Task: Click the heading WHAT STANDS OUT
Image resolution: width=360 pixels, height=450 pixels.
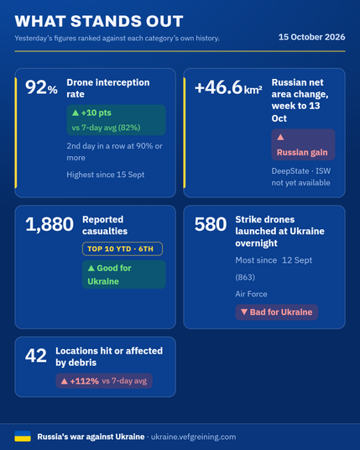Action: pos(99,21)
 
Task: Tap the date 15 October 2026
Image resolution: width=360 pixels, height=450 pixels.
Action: pos(312,37)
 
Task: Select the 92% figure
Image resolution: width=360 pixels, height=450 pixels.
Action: pos(41,87)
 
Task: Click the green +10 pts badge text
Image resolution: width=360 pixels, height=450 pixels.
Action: pos(91,112)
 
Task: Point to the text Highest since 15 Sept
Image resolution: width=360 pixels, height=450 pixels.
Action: pos(106,175)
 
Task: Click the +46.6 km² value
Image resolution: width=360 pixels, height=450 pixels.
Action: pos(228,87)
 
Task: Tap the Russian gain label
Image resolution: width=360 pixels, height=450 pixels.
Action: pos(302,153)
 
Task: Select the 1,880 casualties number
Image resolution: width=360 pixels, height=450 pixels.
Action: pos(50,224)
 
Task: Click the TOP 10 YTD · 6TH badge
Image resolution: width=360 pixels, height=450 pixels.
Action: pos(123,249)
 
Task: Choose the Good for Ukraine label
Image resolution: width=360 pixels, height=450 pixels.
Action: pos(109,275)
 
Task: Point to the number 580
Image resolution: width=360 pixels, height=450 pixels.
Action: pos(211,224)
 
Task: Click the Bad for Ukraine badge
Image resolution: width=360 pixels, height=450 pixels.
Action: pos(277,312)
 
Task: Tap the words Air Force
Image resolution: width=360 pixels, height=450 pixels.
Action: pos(251,294)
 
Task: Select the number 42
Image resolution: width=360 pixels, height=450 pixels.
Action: pos(36,355)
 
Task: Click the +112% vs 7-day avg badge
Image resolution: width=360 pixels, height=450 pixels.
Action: pos(104,381)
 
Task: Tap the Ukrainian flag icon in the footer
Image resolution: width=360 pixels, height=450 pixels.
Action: pos(23,437)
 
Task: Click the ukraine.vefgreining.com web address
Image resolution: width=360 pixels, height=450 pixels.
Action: pos(193,437)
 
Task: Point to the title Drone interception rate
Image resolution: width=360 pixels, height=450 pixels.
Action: pos(108,88)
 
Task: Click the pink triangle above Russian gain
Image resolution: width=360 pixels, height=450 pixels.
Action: pos(280,137)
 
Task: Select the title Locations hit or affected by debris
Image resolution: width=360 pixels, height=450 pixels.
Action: pos(109,357)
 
